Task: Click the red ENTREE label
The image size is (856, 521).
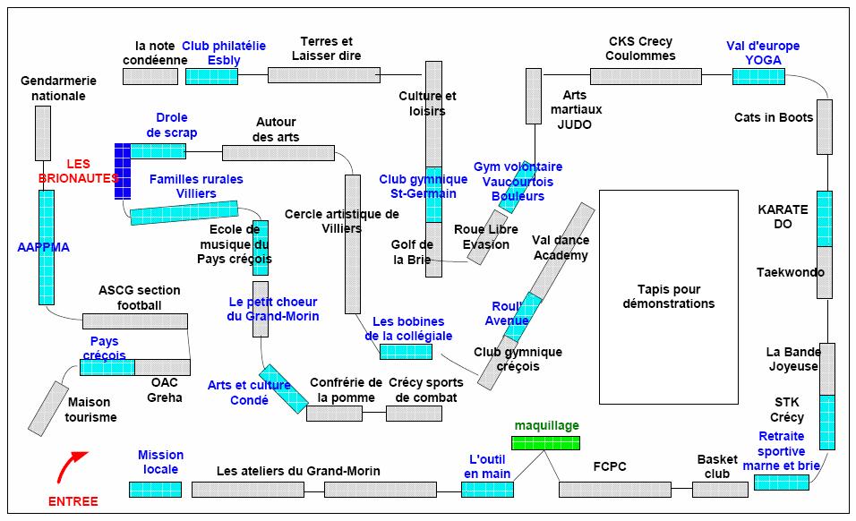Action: pyautogui.click(x=73, y=501)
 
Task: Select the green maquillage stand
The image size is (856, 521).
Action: pyautogui.click(x=545, y=442)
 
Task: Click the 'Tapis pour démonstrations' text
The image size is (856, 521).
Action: pyautogui.click(x=669, y=296)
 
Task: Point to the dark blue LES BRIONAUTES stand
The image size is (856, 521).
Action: pyautogui.click(x=123, y=170)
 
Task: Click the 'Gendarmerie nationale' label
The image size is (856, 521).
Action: pyautogui.click(x=58, y=88)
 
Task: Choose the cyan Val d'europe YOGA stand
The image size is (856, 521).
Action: pyautogui.click(x=758, y=76)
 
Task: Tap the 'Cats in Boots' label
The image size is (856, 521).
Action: pyautogui.click(x=774, y=117)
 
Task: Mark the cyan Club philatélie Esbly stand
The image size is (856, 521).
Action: pyautogui.click(x=211, y=76)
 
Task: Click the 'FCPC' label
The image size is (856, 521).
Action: pyautogui.click(x=610, y=466)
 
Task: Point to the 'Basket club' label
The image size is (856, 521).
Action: pyautogui.click(x=717, y=466)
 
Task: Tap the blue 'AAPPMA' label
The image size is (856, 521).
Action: pyautogui.click(x=44, y=246)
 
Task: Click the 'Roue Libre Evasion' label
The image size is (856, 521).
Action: pyautogui.click(x=487, y=237)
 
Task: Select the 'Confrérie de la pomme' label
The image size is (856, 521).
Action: pyautogui.click(x=346, y=390)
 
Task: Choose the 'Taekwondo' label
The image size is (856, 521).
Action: pyautogui.click(x=791, y=272)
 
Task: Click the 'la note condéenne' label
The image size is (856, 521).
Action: pyautogui.click(x=155, y=53)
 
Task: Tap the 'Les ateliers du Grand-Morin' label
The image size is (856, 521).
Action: pyautogui.click(x=298, y=471)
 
